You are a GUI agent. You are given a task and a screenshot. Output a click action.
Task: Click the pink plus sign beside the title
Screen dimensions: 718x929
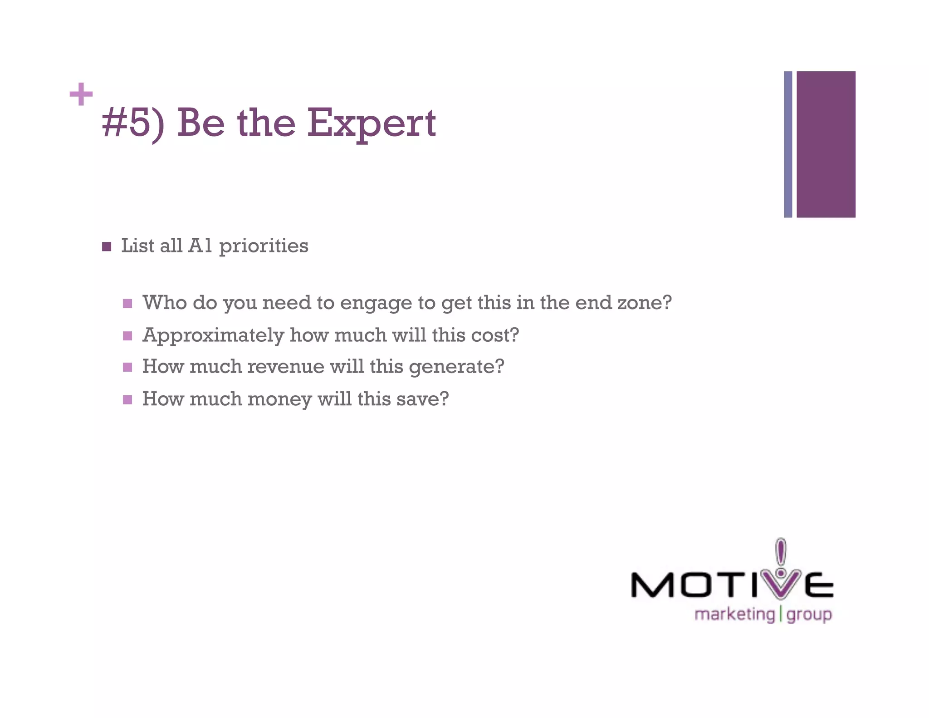coord(81,94)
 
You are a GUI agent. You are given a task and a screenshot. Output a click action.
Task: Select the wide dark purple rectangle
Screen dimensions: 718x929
coord(826,144)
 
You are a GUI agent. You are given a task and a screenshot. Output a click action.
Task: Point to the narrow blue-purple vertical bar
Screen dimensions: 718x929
coord(788,144)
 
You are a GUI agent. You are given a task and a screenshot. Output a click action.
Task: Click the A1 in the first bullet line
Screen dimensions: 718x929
coord(200,246)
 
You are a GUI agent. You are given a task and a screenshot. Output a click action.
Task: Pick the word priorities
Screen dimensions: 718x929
coord(264,246)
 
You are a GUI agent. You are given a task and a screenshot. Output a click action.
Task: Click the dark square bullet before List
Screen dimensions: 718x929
coord(107,246)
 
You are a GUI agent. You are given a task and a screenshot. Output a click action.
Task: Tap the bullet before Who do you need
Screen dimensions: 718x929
coord(127,303)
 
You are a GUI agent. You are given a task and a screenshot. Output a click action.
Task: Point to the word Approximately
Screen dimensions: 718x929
coord(213,336)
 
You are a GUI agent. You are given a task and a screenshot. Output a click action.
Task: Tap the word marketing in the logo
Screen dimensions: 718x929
coord(734,615)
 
